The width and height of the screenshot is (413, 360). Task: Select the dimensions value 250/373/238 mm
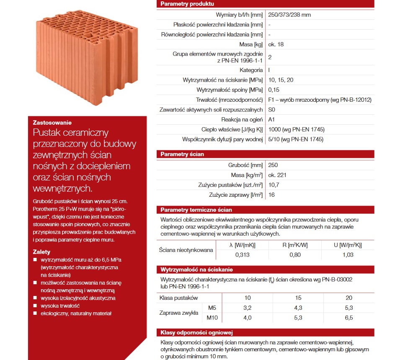tap(289, 15)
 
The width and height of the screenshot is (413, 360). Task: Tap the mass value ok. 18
tap(275, 44)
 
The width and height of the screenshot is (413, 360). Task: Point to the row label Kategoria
tap(251, 70)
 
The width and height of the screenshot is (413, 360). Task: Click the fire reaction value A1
tap(271, 119)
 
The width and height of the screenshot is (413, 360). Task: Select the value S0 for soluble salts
tap(272, 110)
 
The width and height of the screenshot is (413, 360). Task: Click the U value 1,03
tap(348, 255)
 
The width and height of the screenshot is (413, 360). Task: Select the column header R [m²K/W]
tap(295, 245)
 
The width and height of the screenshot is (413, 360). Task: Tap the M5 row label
tap(212, 308)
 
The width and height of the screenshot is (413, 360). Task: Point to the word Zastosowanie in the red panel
tap(52, 123)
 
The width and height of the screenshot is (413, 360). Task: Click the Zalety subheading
tap(41, 252)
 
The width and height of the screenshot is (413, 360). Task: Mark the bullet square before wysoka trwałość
tap(35, 306)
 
